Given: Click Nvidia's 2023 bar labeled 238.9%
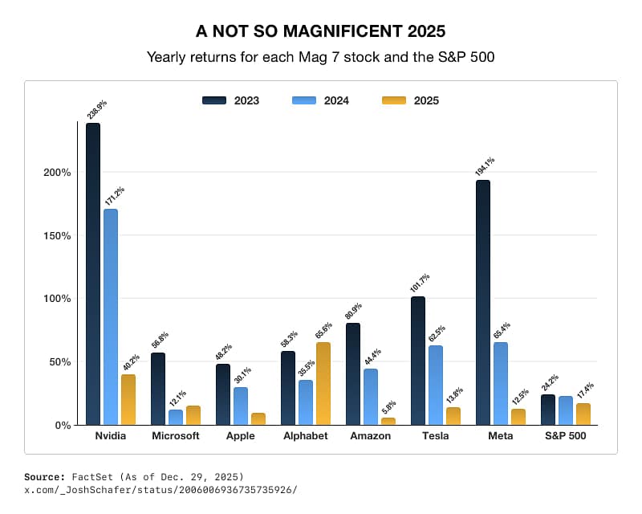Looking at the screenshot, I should [93, 274].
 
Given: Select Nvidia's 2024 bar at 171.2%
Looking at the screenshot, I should [111, 317].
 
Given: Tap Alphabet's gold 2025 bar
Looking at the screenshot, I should [323, 384].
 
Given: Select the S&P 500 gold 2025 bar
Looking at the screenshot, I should [583, 414].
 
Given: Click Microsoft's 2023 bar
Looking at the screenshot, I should [158, 389].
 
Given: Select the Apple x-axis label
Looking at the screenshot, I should [241, 436].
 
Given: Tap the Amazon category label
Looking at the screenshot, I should [371, 436].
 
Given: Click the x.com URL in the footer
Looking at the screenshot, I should [160, 489].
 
